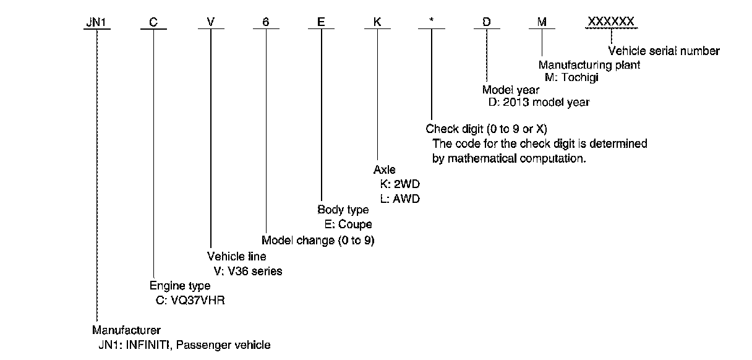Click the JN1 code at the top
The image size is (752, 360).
click(x=96, y=22)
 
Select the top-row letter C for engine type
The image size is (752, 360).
click(x=153, y=22)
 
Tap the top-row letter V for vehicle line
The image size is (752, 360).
click(x=211, y=22)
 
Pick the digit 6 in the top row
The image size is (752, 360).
click(x=266, y=22)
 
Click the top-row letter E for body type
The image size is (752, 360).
click(x=320, y=22)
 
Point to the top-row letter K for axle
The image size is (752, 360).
click(x=376, y=22)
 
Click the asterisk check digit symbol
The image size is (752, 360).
click(x=431, y=21)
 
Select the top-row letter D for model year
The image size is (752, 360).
click(x=487, y=22)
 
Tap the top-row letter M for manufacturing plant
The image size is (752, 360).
click(x=542, y=22)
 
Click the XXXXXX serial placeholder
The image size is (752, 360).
click(x=611, y=22)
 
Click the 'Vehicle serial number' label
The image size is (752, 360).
click(x=664, y=51)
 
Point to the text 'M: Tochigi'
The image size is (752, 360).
click(x=573, y=77)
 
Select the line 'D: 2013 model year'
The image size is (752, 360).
click(x=538, y=103)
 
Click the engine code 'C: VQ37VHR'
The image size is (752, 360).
click(x=188, y=301)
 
